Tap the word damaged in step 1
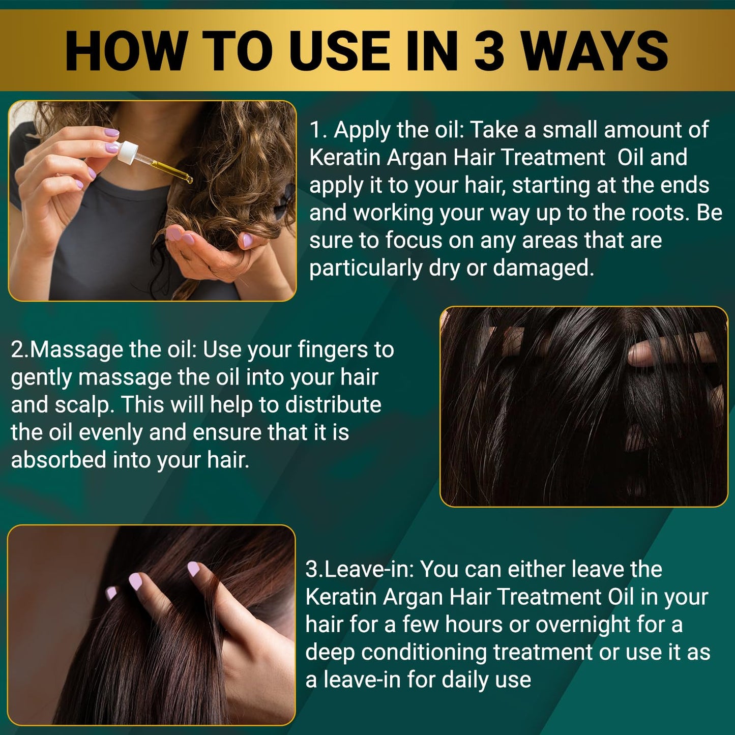point(543,269)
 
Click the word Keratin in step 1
point(345,158)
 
